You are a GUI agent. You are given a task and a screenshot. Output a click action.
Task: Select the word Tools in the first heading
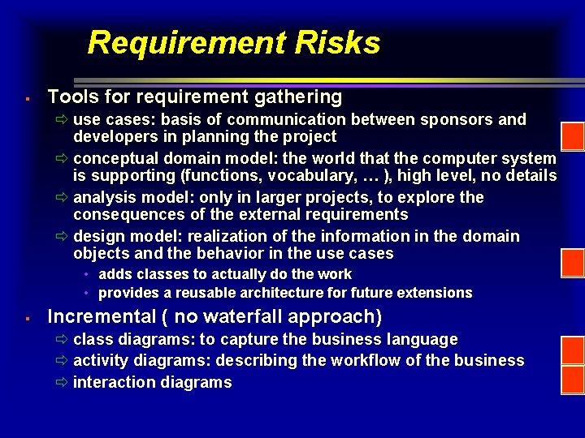tap(71, 97)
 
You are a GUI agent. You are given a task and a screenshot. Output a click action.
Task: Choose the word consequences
tap(127, 214)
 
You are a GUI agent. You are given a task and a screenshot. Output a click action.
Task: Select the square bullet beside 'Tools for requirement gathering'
tap(27, 99)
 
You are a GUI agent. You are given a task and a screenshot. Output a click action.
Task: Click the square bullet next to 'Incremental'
tap(27, 318)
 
